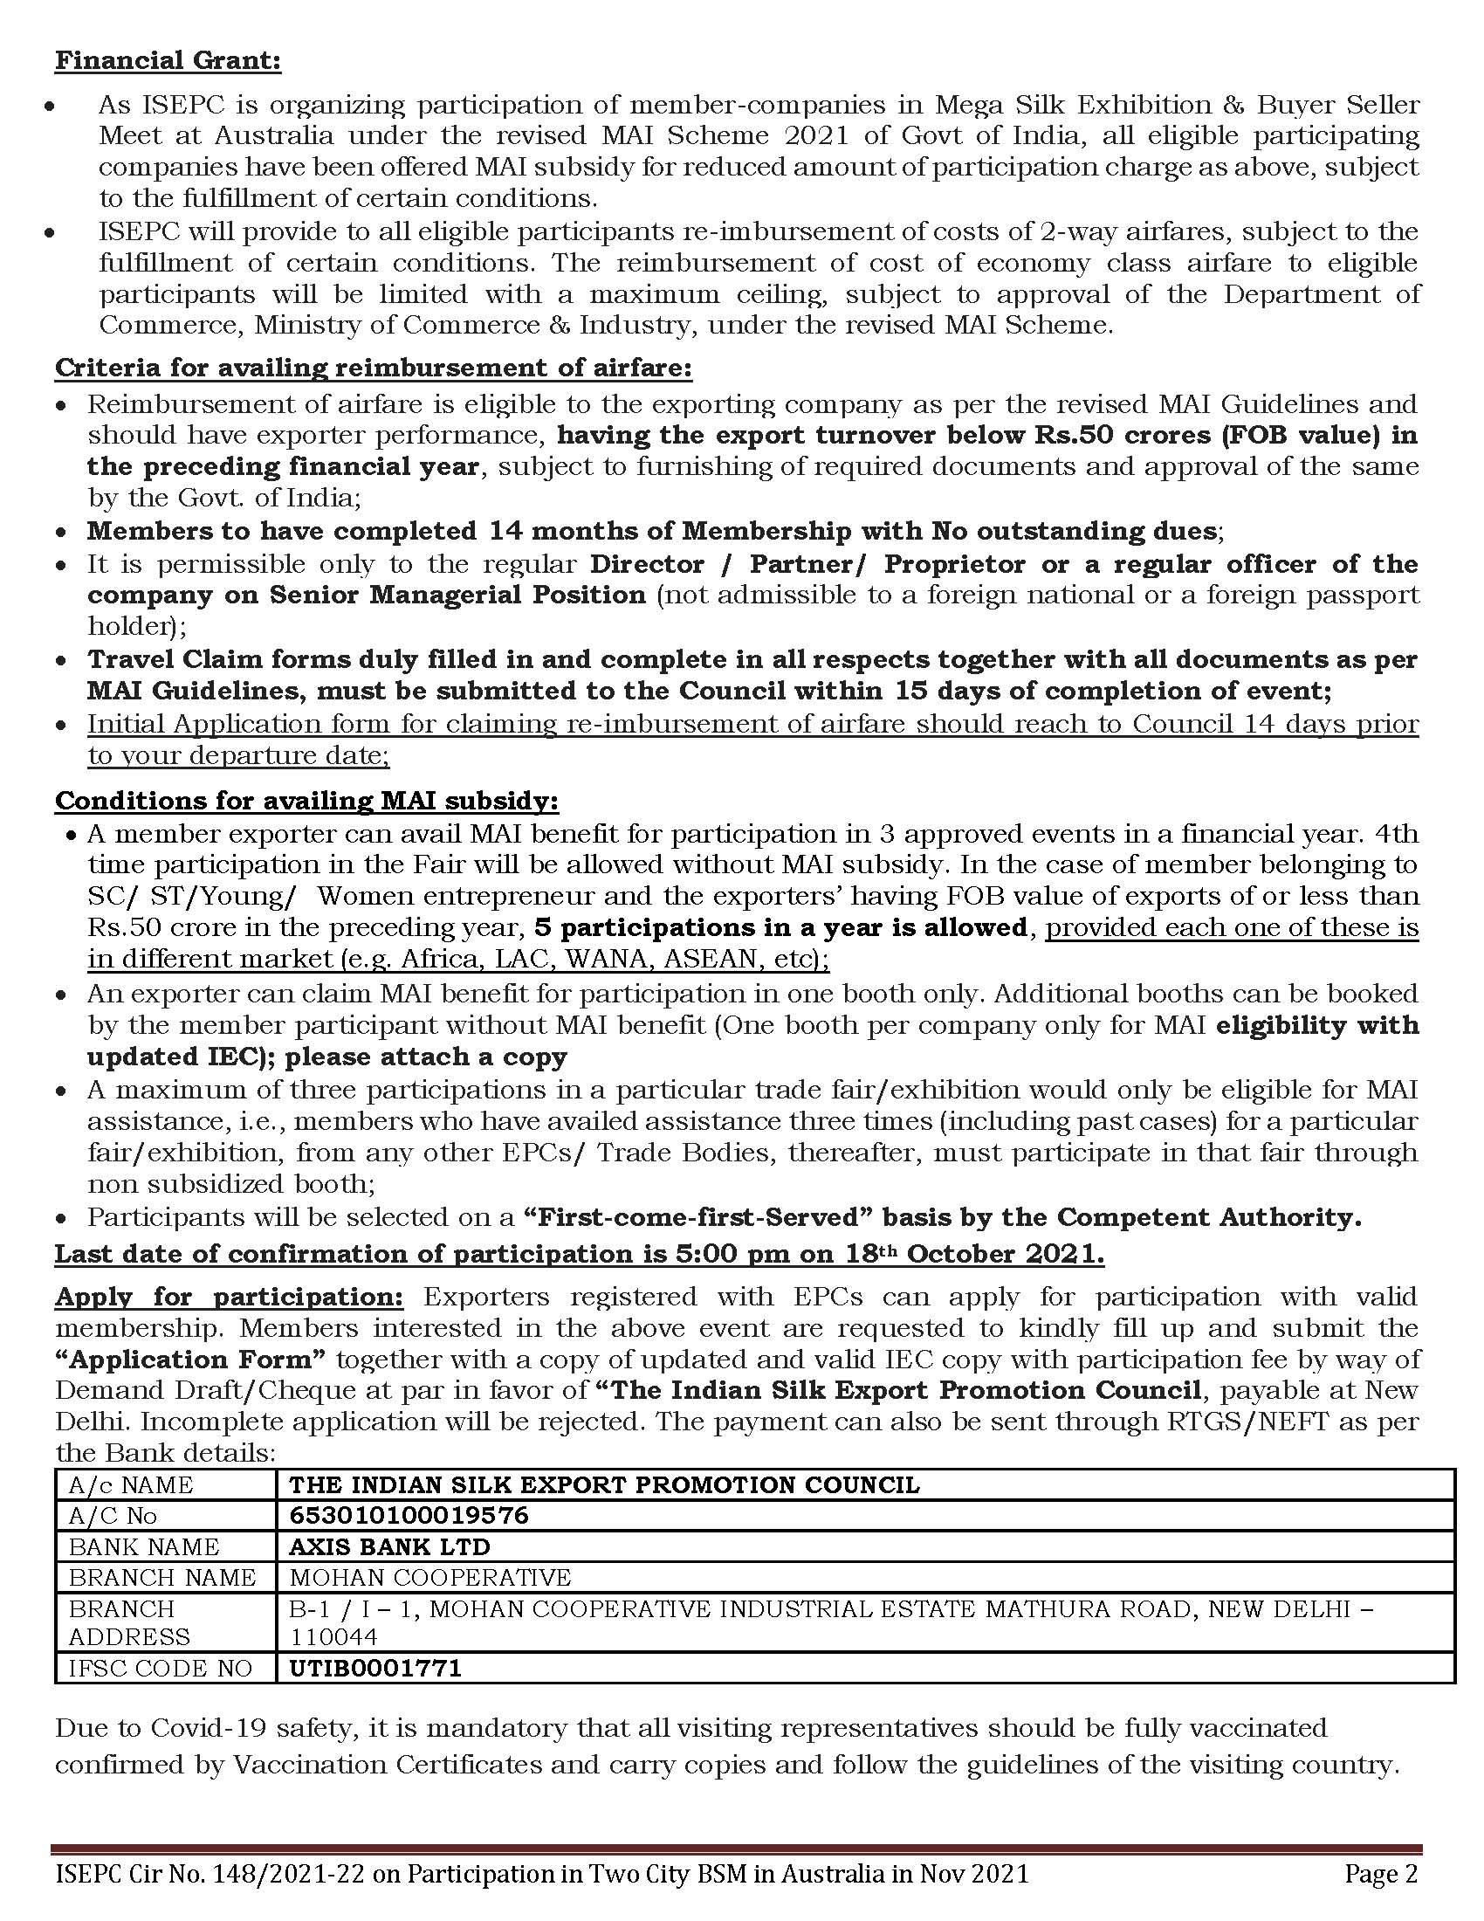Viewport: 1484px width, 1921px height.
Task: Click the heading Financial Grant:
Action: pos(168,61)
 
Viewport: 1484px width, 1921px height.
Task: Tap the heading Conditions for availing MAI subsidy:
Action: pos(306,801)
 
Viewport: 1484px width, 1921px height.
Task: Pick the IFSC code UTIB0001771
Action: pos(375,1669)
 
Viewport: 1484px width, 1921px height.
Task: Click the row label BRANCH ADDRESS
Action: pos(129,1622)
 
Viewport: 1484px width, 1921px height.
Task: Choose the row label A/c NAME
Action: pos(131,1484)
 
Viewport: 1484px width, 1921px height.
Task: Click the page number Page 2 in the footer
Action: pos(1381,1875)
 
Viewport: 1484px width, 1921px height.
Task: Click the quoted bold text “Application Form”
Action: pos(191,1359)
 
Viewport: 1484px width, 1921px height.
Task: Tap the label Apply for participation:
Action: pos(230,1297)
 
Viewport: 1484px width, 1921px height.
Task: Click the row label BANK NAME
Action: pos(144,1546)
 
